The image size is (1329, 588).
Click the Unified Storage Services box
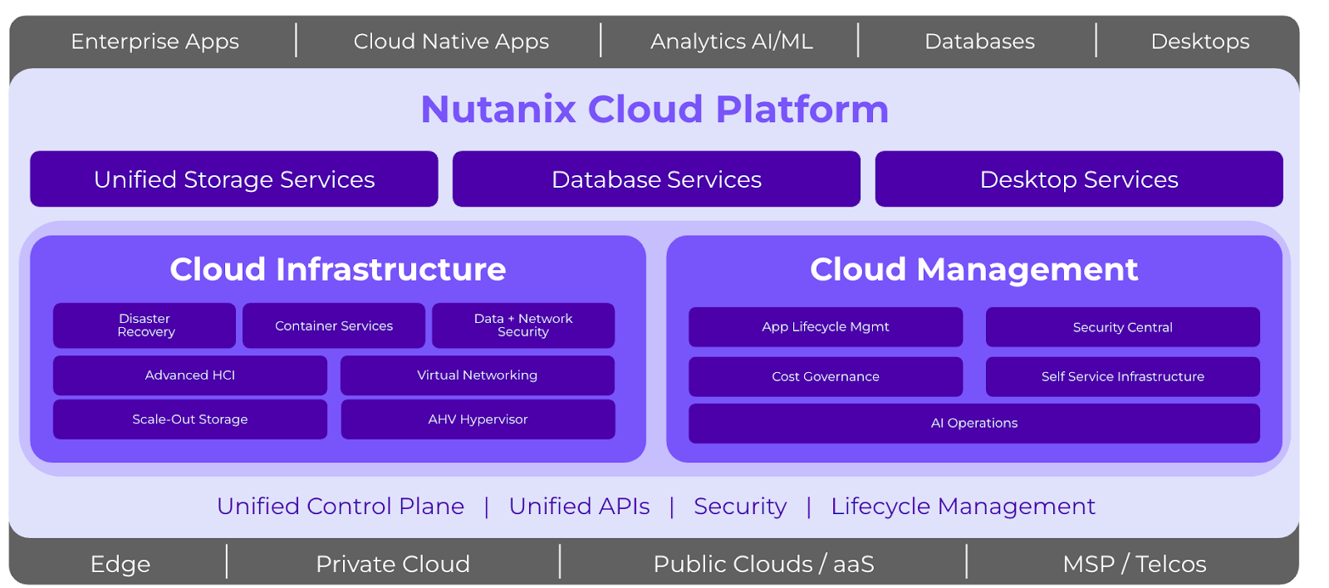[x=233, y=179]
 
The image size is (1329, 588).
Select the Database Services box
[x=656, y=179]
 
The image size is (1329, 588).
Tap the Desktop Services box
[x=1078, y=179]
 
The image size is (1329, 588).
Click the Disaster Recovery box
[x=145, y=326]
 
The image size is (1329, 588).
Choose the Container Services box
[x=333, y=326]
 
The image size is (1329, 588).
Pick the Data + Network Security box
[x=522, y=326]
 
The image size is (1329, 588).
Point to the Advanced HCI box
[x=189, y=375]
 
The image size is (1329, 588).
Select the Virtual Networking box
[x=477, y=375]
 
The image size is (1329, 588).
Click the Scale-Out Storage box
[x=189, y=419]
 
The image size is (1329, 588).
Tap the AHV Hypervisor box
[x=478, y=419]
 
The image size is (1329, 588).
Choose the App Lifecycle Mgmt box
[x=825, y=327]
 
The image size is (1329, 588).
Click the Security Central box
[x=1122, y=327]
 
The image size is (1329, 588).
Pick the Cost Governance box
[x=825, y=377]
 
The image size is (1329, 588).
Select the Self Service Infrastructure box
[x=1122, y=377]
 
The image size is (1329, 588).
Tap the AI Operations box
[x=973, y=424]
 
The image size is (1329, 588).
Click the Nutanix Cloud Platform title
[x=655, y=110]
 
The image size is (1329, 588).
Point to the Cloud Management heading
[x=973, y=269]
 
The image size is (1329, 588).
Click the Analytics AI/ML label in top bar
[x=731, y=42]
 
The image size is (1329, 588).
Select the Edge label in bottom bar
[x=120, y=564]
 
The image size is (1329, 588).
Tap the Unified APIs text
[x=579, y=506]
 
